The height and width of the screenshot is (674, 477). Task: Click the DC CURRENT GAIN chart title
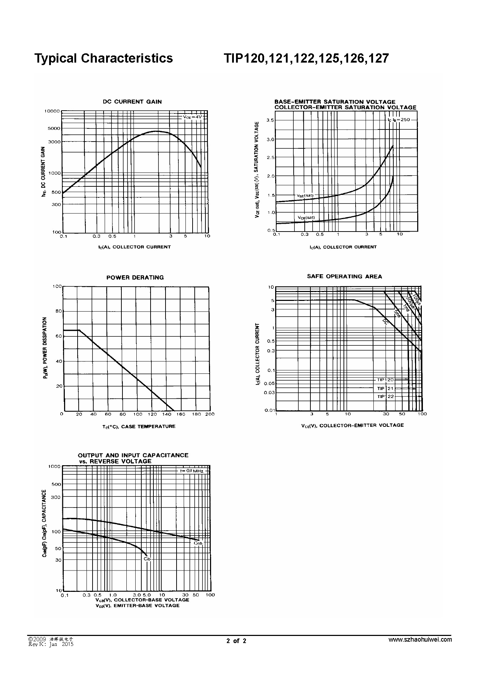(x=132, y=102)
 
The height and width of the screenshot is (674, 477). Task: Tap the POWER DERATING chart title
(x=135, y=277)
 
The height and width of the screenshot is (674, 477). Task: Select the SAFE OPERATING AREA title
(x=344, y=276)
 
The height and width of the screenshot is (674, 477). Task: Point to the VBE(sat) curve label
(x=305, y=195)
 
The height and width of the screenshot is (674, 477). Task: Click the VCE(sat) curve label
(x=306, y=217)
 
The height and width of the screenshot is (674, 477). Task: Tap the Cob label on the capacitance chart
(x=198, y=543)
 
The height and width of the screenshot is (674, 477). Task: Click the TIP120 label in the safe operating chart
(x=385, y=380)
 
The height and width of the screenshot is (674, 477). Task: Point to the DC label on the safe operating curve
(x=385, y=322)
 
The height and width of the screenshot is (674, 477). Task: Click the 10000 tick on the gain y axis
(x=52, y=111)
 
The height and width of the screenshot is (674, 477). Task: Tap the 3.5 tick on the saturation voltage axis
(x=270, y=120)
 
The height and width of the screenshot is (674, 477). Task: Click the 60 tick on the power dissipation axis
(x=57, y=336)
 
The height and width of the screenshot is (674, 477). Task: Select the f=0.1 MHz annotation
(x=192, y=471)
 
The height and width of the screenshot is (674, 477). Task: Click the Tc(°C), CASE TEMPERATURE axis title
(x=137, y=426)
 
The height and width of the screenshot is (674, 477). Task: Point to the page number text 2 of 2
(x=236, y=641)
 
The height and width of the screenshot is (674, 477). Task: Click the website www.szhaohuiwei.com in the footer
(x=420, y=639)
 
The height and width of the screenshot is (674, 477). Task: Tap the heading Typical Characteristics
(x=104, y=58)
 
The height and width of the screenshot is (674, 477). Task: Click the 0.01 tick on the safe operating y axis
(x=269, y=410)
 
